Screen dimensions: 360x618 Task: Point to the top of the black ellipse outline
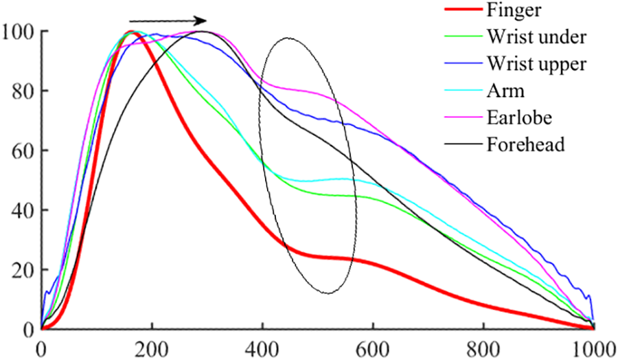click(288, 38)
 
